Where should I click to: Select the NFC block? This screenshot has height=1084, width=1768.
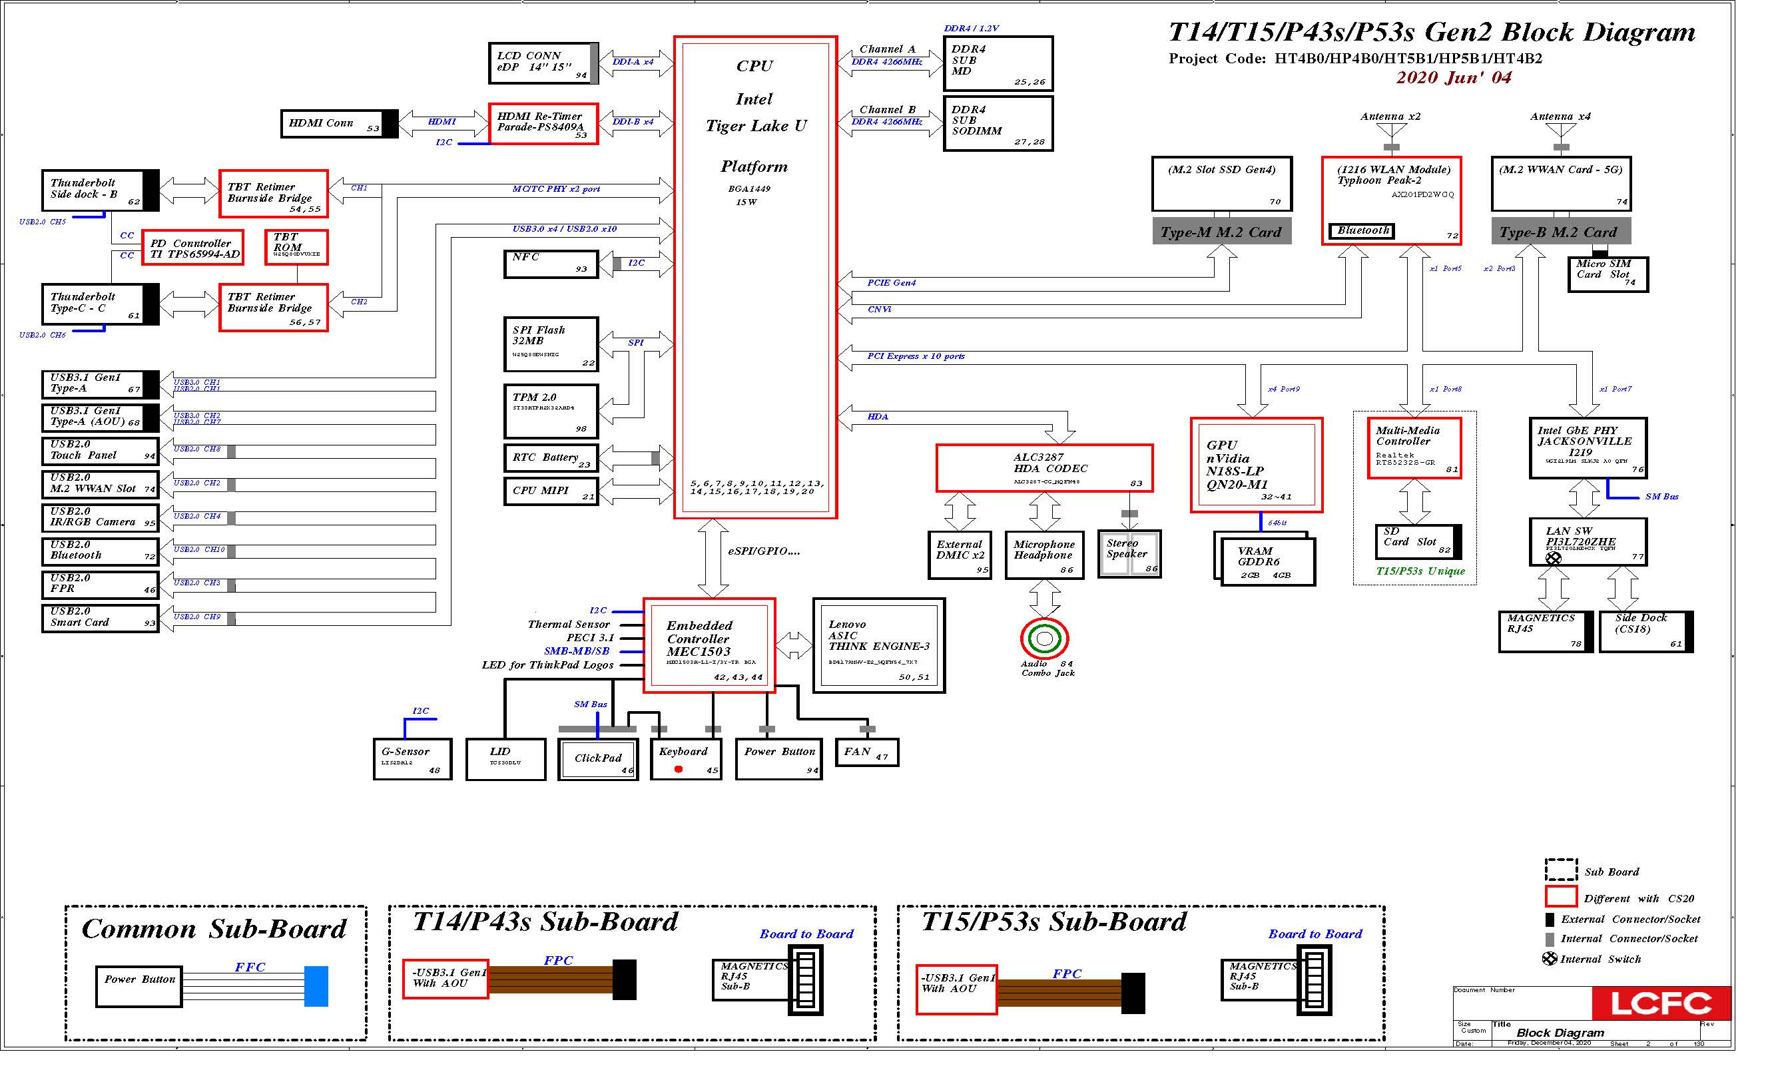pos(550,264)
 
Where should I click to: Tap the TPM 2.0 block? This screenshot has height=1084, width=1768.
pos(550,411)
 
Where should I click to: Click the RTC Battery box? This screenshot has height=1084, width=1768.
pos(550,458)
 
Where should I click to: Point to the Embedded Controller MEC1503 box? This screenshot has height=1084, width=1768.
pos(709,646)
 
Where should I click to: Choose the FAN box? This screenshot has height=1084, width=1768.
pos(867,752)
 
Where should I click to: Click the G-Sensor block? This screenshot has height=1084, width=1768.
pos(413,759)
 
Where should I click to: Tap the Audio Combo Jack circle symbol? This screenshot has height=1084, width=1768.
pos(1045,639)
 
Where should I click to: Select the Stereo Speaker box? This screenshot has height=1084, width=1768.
pos(1129,553)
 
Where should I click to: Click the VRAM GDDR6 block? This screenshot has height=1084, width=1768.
pos(1267,563)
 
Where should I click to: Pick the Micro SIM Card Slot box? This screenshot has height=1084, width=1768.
pos(1608,274)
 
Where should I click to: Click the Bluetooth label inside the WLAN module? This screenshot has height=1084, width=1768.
pos(1361,231)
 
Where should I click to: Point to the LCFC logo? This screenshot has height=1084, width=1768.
pos(1660,1003)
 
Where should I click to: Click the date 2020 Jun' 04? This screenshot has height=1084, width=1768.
pos(1454,77)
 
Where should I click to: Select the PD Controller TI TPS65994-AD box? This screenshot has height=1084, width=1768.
pos(193,248)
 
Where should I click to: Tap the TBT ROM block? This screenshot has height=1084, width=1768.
pos(296,248)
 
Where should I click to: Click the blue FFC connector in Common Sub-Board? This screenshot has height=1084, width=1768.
pos(316,985)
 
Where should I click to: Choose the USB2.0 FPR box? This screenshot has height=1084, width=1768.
pos(100,585)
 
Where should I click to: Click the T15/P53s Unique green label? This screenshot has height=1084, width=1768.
pos(1420,571)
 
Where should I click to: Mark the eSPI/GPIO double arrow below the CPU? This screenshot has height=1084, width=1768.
pos(713,558)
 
